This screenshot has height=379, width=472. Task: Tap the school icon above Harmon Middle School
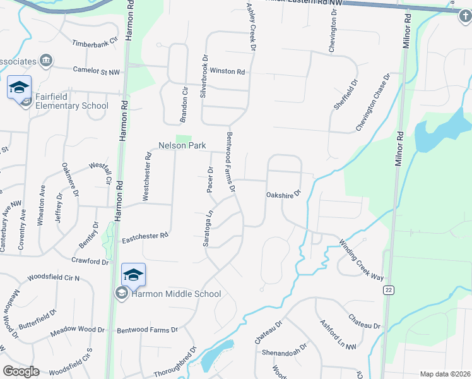click(133, 275)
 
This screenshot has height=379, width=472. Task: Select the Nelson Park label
click(182, 145)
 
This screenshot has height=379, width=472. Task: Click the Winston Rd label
click(227, 71)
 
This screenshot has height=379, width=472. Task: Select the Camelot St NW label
click(96, 71)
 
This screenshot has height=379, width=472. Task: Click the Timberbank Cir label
click(95, 43)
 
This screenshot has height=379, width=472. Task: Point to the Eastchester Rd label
click(145, 235)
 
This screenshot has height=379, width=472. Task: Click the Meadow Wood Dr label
click(77, 330)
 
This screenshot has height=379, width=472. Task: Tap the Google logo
click(20, 371)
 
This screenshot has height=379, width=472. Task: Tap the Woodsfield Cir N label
click(54, 278)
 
